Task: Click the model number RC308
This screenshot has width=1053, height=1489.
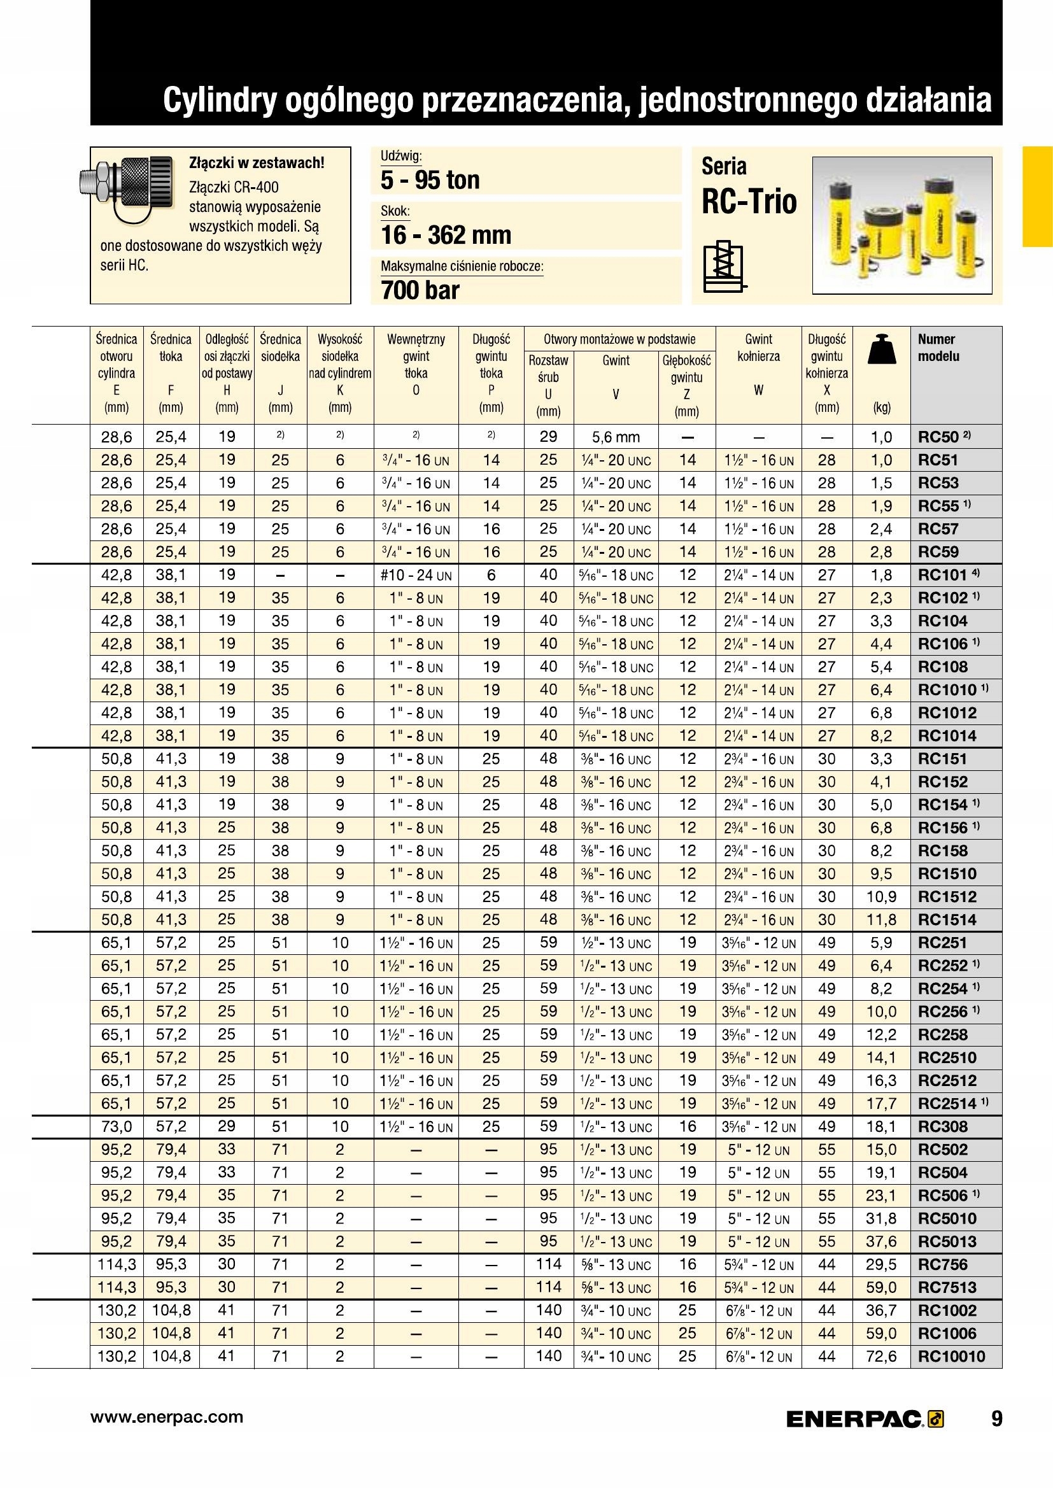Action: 942,1127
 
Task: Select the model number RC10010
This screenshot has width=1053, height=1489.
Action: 951,1356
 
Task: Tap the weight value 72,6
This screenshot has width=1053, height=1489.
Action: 881,1356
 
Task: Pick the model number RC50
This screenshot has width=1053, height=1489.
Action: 938,437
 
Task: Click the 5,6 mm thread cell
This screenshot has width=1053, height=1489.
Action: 616,437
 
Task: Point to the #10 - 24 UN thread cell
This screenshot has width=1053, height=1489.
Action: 416,575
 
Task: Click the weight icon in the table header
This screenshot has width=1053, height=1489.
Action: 881,349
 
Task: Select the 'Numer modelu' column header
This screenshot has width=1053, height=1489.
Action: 938,348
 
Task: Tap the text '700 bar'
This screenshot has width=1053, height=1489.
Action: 420,290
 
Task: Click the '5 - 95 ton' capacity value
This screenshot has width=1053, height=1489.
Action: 430,180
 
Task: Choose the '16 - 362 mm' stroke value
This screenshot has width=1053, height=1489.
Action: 446,235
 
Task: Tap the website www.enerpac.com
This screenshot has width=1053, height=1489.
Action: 167,1417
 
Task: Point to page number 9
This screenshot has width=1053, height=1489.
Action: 996,1419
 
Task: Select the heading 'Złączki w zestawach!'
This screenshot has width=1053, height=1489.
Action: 256,163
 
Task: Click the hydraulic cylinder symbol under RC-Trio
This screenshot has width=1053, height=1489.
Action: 724,269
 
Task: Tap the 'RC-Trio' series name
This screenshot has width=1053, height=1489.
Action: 749,201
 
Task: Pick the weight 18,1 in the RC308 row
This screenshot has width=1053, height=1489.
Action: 881,1127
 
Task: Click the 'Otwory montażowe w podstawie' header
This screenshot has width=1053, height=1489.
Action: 619,339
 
